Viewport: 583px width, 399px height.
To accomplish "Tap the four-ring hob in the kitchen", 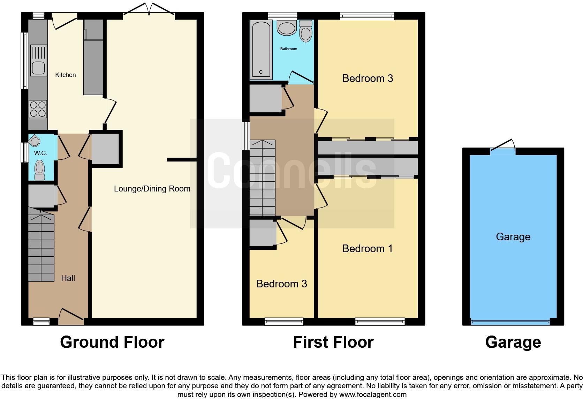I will [x=38, y=108].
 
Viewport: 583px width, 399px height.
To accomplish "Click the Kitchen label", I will [x=65, y=75].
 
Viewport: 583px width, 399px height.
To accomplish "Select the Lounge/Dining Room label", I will [x=152, y=189].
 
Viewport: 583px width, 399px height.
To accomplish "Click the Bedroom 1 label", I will [x=367, y=248].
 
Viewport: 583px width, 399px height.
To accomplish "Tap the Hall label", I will [x=68, y=278].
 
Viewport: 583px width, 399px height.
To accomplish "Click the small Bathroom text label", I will [x=289, y=49].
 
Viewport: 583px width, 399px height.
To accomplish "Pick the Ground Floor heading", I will [x=112, y=342].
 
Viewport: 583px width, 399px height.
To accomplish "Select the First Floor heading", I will [x=333, y=342].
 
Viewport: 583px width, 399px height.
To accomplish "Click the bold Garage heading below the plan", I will [x=513, y=342].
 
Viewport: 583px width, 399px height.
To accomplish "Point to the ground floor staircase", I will [x=41, y=248].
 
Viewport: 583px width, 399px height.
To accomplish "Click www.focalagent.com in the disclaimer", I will [x=372, y=394].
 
